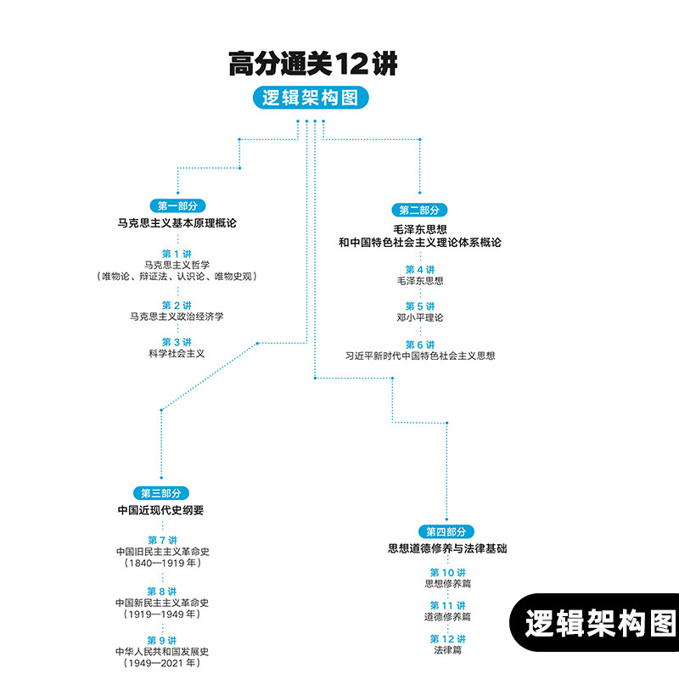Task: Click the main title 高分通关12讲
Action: click(312, 65)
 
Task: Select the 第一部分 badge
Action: click(177, 205)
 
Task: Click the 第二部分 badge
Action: click(419, 210)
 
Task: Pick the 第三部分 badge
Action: click(160, 493)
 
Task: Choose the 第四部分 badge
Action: click(446, 532)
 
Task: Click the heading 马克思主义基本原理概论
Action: click(177, 223)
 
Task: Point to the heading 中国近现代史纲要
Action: click(160, 511)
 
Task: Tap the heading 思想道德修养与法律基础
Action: click(446, 549)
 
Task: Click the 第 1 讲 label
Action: click(177, 254)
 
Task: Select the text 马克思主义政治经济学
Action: click(177, 317)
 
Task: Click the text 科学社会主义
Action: click(177, 353)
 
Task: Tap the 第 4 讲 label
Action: click(419, 269)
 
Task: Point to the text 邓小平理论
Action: click(419, 317)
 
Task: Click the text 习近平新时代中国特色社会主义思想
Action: click(419, 356)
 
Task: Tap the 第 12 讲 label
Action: click(447, 639)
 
